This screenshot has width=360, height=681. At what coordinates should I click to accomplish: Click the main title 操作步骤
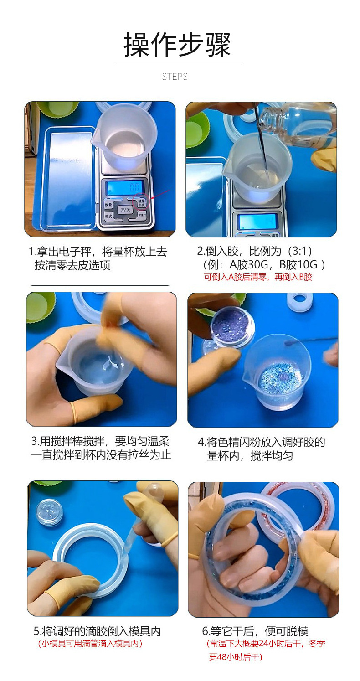(177, 45)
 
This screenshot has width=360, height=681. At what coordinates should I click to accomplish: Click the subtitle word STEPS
(175, 77)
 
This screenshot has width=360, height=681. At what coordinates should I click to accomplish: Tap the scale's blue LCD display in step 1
(124, 187)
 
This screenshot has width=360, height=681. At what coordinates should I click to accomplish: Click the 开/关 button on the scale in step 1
(125, 210)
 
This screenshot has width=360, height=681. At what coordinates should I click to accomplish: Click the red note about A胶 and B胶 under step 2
(257, 277)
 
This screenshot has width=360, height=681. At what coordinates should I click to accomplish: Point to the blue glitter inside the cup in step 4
(280, 377)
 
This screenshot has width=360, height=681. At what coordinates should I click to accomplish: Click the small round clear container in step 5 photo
(49, 511)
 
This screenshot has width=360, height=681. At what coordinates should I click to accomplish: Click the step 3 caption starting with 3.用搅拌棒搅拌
(100, 448)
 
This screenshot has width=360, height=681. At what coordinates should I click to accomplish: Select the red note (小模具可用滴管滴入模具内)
(90, 644)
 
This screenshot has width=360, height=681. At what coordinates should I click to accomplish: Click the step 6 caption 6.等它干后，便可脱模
(255, 631)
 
